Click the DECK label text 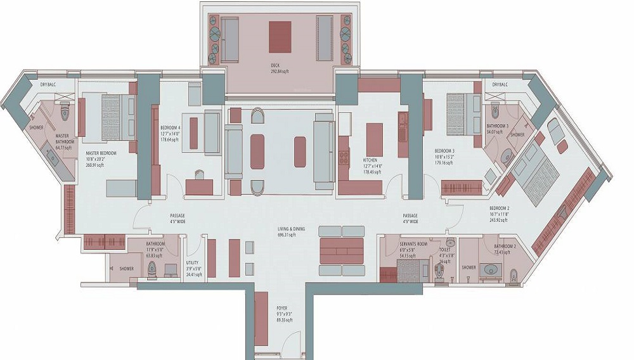point(275,65)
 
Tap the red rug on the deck point(280,37)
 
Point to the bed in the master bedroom point(109,117)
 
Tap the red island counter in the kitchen point(374,139)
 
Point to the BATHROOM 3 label point(498,126)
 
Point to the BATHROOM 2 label point(505,247)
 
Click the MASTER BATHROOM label point(62,138)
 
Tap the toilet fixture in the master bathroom point(64,112)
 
